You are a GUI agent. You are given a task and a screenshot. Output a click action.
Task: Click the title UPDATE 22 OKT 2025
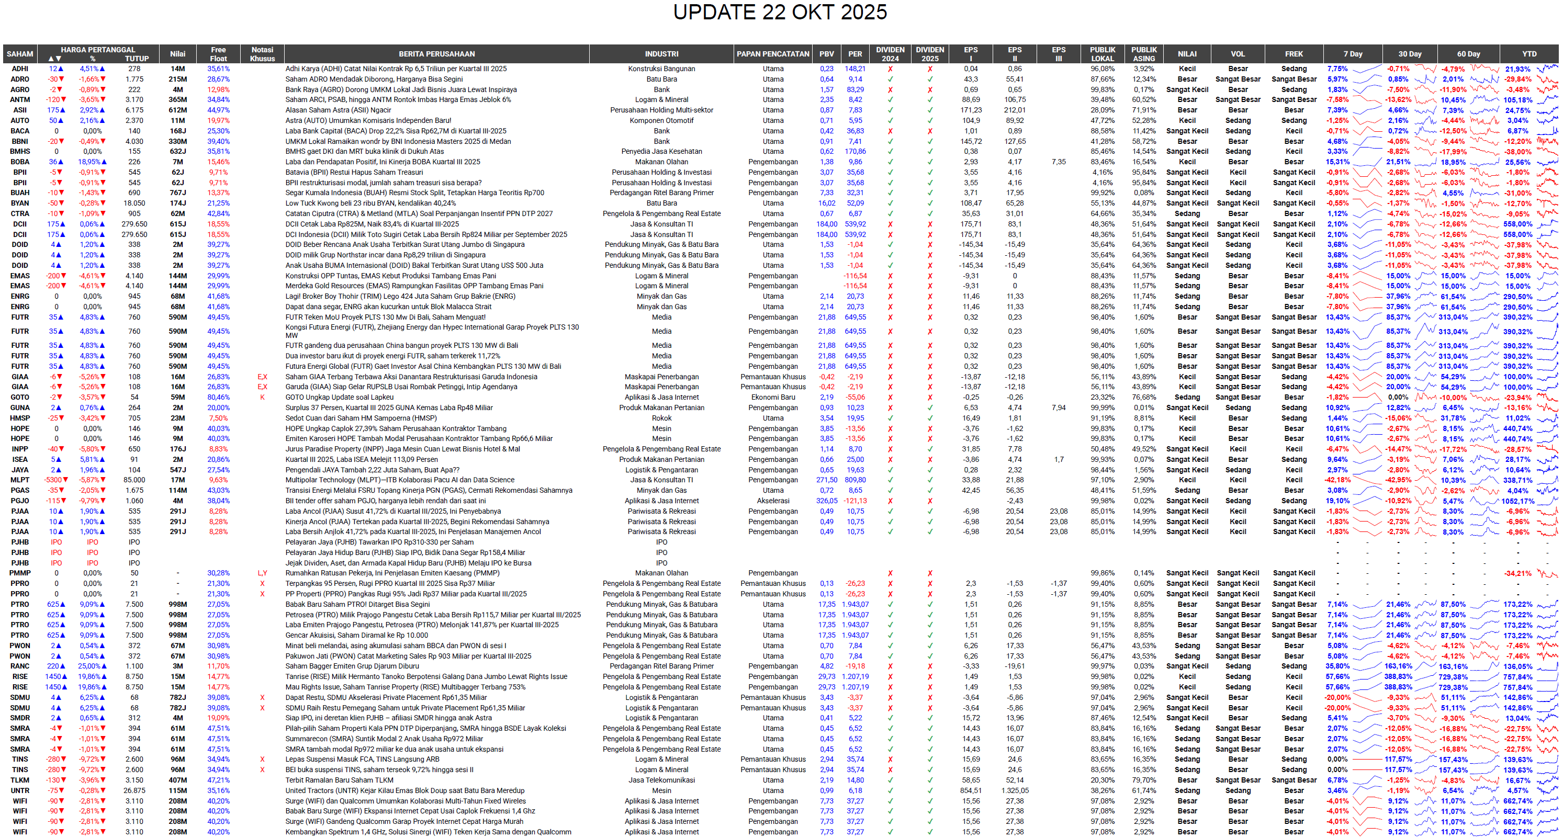coord(780,12)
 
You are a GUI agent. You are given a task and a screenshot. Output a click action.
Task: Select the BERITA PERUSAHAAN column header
coord(436,54)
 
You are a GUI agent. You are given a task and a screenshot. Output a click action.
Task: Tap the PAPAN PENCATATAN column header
coord(772,54)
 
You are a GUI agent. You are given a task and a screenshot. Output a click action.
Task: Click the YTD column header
coord(1529,54)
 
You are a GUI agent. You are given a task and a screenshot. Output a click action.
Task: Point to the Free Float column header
coord(218,54)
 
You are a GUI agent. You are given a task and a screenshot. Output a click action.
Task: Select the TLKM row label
coord(19,780)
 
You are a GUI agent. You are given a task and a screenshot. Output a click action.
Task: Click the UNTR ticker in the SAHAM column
coord(19,791)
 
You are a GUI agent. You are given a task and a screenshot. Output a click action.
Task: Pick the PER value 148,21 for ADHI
coord(855,69)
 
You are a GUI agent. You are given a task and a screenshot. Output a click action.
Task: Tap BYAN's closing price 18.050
coord(134,203)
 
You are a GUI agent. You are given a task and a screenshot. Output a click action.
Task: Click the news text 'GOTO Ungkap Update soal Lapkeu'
coord(339,398)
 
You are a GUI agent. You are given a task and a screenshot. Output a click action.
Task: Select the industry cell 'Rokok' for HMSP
coord(661,418)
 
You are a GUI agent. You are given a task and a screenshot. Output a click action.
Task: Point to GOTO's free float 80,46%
coord(218,398)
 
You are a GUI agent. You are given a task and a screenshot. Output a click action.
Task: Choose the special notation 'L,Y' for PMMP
coord(262,573)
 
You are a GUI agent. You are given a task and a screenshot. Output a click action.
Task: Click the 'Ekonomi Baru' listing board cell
coord(772,398)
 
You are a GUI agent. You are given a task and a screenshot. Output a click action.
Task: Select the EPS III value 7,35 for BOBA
coord(1058,162)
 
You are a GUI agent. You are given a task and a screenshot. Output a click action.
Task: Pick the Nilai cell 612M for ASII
coord(178,110)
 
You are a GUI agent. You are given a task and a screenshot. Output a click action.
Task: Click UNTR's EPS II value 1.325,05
coord(1015,791)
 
